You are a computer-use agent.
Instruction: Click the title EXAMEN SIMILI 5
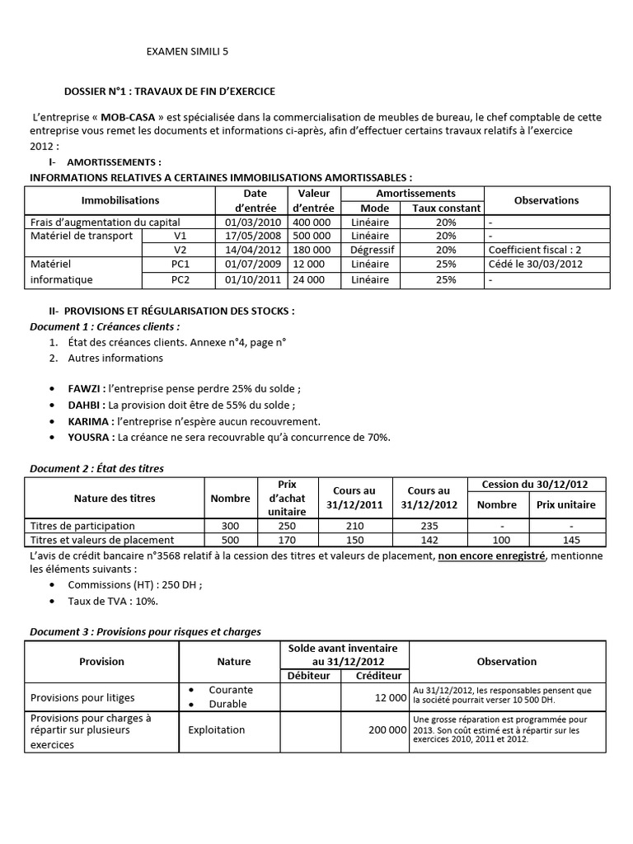pos(187,51)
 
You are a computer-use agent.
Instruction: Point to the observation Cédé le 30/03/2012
pos(534,265)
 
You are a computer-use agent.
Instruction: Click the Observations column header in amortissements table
pos(546,200)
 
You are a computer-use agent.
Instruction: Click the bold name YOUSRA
pos(89,437)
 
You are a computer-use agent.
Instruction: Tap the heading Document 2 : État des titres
pos(96,468)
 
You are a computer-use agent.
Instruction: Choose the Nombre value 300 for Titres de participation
pos(230,526)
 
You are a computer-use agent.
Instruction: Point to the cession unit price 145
pos(565,540)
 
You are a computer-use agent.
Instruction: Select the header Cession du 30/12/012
pos(538,484)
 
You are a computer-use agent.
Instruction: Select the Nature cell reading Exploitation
pos(217,729)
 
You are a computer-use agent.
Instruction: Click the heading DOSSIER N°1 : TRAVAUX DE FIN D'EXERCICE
pos(170,91)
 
